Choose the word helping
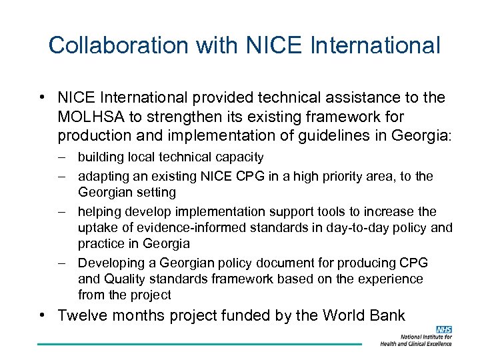(x=99, y=211)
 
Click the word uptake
(x=96, y=227)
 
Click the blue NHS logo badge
(x=443, y=329)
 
